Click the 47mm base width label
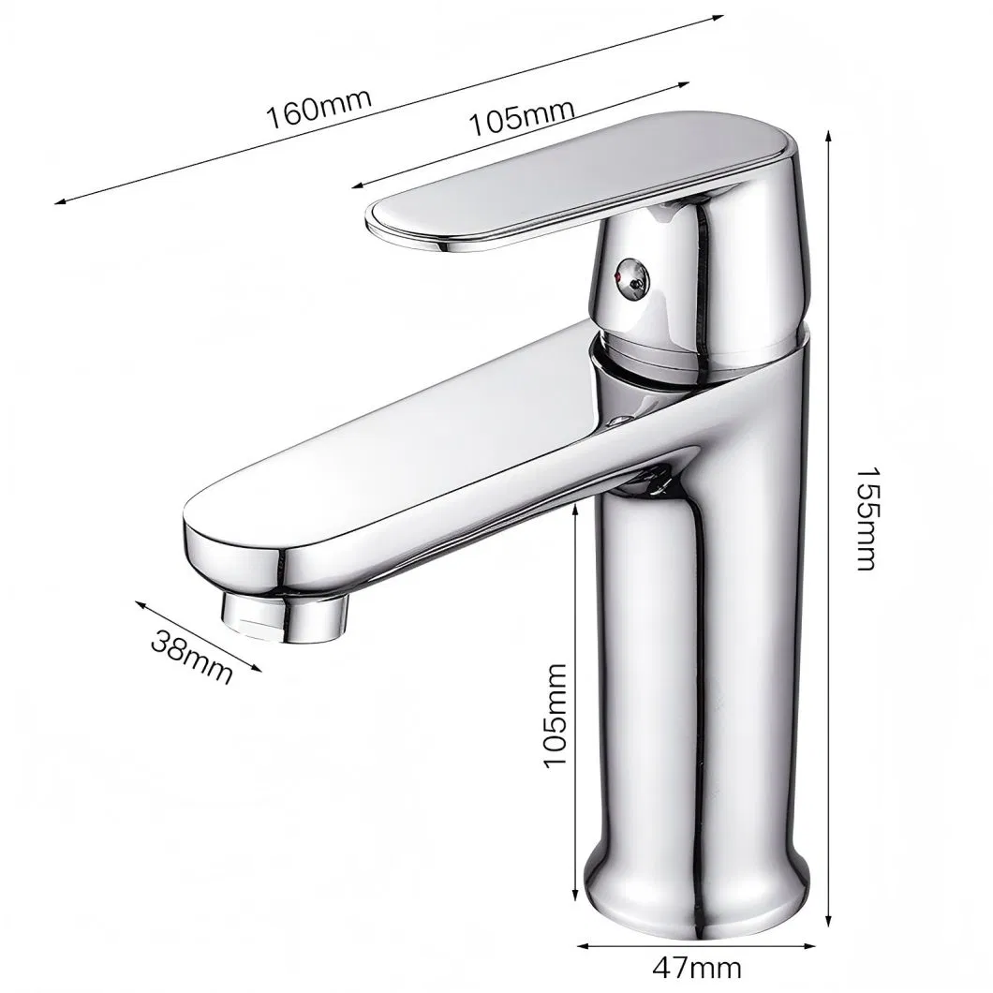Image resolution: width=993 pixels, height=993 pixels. (x=698, y=966)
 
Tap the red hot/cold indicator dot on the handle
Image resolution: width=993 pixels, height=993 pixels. (x=618, y=279)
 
